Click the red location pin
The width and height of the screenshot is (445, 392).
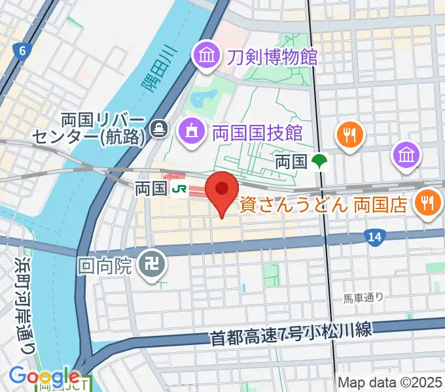(222, 191)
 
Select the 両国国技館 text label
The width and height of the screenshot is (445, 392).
(257, 133)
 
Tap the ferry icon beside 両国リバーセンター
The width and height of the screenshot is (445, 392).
(158, 129)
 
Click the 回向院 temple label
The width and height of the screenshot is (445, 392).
(105, 266)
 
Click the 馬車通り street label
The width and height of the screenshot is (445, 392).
(364, 299)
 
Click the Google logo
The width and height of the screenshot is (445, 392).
(44, 377)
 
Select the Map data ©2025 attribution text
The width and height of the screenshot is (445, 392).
(390, 383)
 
